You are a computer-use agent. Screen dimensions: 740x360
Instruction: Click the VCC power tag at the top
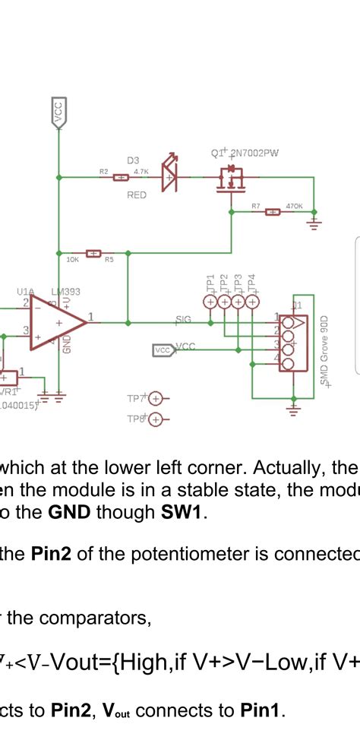(58, 112)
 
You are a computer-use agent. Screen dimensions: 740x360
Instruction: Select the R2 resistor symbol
(120, 178)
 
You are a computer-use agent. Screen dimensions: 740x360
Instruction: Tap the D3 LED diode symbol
(169, 176)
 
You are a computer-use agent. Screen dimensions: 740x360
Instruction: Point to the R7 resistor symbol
(272, 211)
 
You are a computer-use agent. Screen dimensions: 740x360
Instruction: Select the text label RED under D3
(137, 195)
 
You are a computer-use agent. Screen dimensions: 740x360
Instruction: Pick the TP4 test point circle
(251, 302)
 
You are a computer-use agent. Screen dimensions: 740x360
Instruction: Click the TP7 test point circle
(156, 398)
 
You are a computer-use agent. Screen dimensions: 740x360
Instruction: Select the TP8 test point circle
(156, 419)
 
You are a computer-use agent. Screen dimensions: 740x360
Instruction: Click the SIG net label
(183, 320)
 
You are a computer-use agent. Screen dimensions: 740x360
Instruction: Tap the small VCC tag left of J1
(163, 349)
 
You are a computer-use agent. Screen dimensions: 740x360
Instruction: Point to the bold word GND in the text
(69, 512)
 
